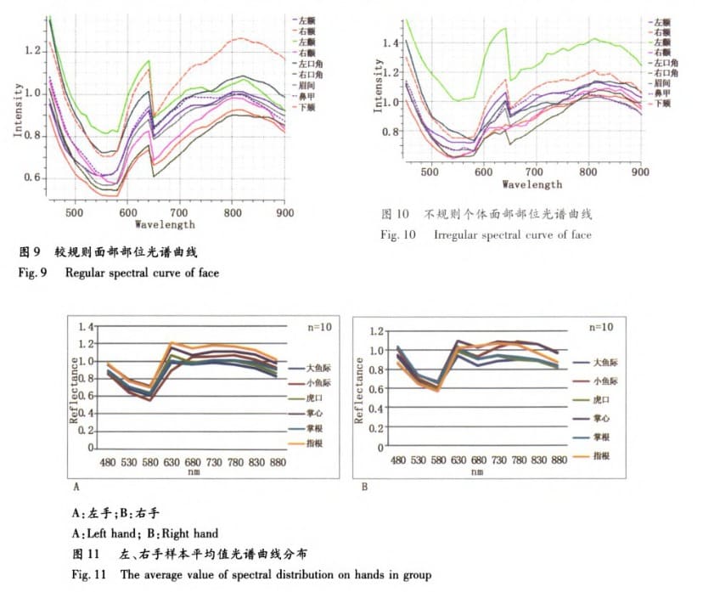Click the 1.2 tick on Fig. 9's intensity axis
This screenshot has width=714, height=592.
click(32, 52)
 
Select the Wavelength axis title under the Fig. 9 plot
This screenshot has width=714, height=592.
click(165, 225)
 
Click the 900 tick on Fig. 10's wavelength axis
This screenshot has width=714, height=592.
click(640, 172)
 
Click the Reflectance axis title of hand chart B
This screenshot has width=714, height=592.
click(360, 390)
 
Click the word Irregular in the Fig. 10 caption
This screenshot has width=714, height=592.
click(458, 234)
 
